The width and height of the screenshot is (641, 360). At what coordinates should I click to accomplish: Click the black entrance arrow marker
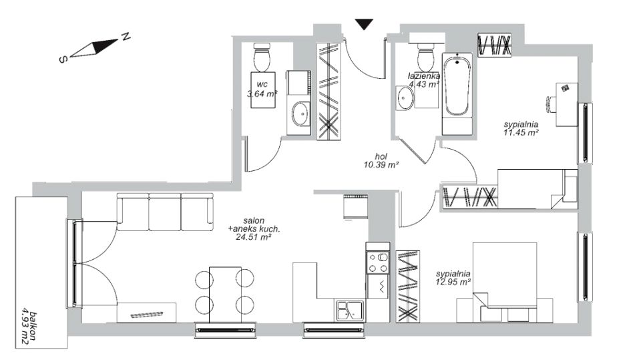[364, 24]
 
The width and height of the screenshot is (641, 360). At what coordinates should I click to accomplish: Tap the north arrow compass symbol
[93, 48]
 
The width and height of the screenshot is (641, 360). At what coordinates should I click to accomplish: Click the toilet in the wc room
[262, 59]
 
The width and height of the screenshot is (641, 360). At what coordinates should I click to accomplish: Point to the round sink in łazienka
[405, 98]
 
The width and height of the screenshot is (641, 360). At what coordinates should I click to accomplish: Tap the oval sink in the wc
[300, 114]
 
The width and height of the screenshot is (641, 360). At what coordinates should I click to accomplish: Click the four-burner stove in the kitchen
[378, 262]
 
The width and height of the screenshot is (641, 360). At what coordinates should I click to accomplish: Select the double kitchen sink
[351, 310]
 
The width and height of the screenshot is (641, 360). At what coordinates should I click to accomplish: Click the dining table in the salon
[224, 295]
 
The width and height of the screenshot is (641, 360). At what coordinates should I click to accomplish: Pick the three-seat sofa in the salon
[165, 212]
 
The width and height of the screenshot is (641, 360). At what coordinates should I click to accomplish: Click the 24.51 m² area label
[254, 237]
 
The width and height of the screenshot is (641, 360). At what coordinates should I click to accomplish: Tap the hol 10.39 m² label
[381, 161]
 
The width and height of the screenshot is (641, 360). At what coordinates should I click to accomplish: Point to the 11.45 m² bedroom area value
[521, 132]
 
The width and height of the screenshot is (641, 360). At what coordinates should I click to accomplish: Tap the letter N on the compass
[126, 37]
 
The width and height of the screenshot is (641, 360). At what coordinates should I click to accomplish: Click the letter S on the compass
[63, 59]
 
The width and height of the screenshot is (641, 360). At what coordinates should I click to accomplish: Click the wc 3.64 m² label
[262, 89]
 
